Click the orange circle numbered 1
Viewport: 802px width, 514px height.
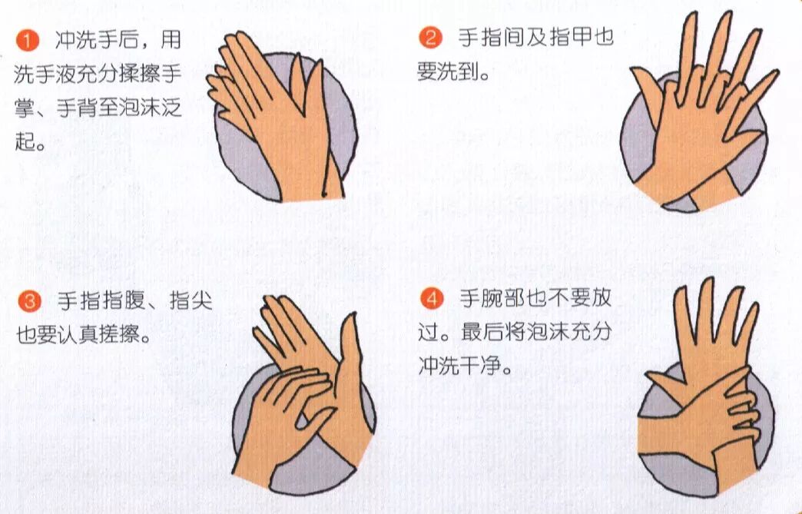point(28,40)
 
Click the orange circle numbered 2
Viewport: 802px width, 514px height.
point(431,38)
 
